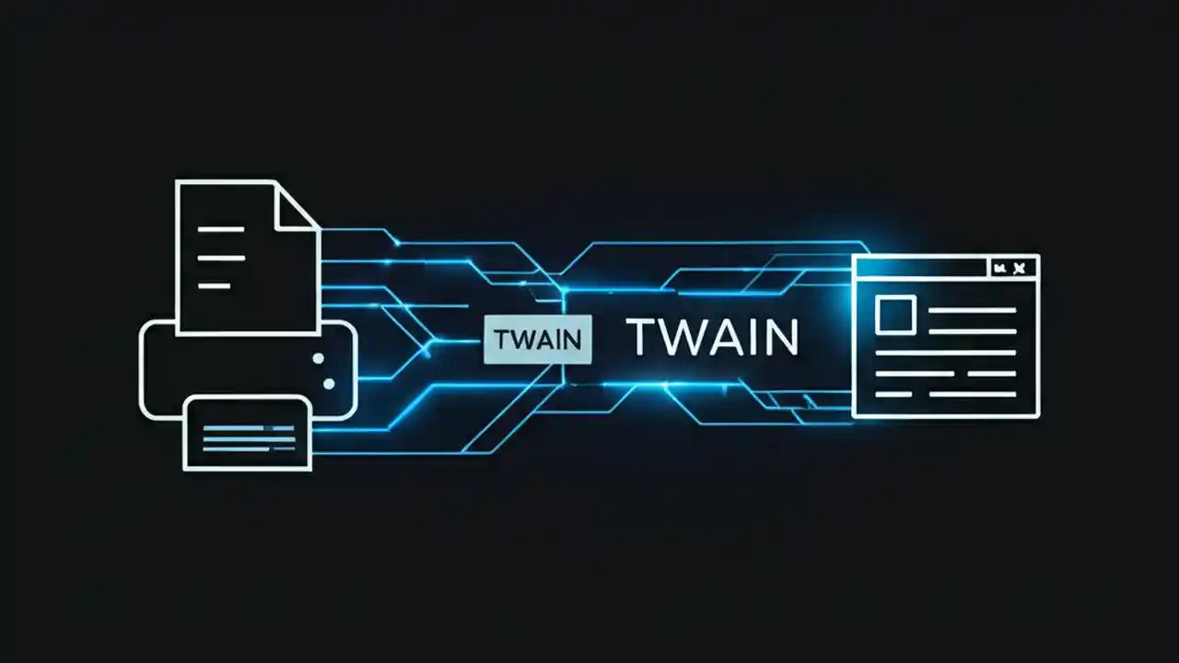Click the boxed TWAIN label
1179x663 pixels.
(538, 339)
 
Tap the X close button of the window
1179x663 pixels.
(1020, 268)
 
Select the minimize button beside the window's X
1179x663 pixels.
(999, 268)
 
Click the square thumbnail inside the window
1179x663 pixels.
(894, 314)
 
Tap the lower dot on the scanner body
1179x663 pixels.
(328, 383)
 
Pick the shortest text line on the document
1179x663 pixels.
(214, 286)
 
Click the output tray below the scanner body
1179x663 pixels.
(248, 433)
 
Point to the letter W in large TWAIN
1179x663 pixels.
(677, 338)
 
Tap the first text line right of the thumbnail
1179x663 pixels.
(971, 310)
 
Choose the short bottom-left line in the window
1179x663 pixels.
(892, 394)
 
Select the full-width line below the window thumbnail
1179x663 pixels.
(945, 352)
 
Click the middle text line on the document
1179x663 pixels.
(222, 258)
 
